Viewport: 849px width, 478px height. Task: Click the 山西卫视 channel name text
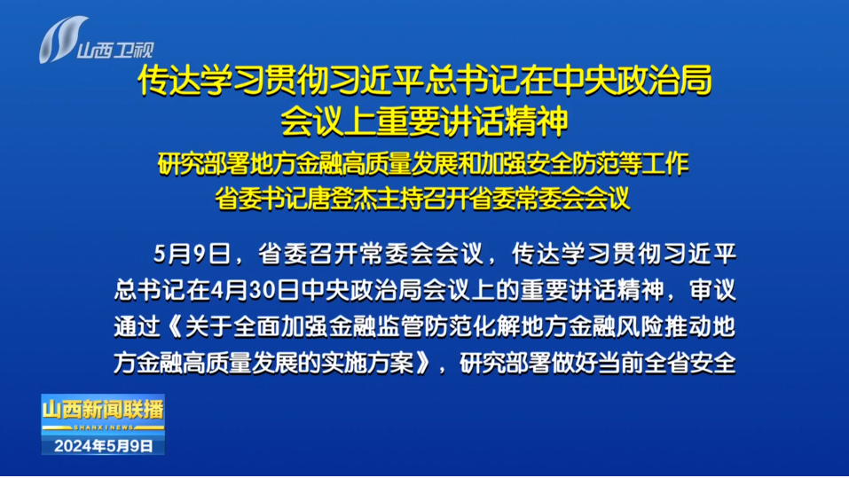pos(115,51)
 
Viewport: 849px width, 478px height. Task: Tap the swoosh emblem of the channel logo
pos(62,39)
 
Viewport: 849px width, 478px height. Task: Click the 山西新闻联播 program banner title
pos(103,410)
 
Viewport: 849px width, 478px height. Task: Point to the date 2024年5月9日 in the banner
pos(104,446)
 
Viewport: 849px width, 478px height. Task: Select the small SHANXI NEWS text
pos(104,427)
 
